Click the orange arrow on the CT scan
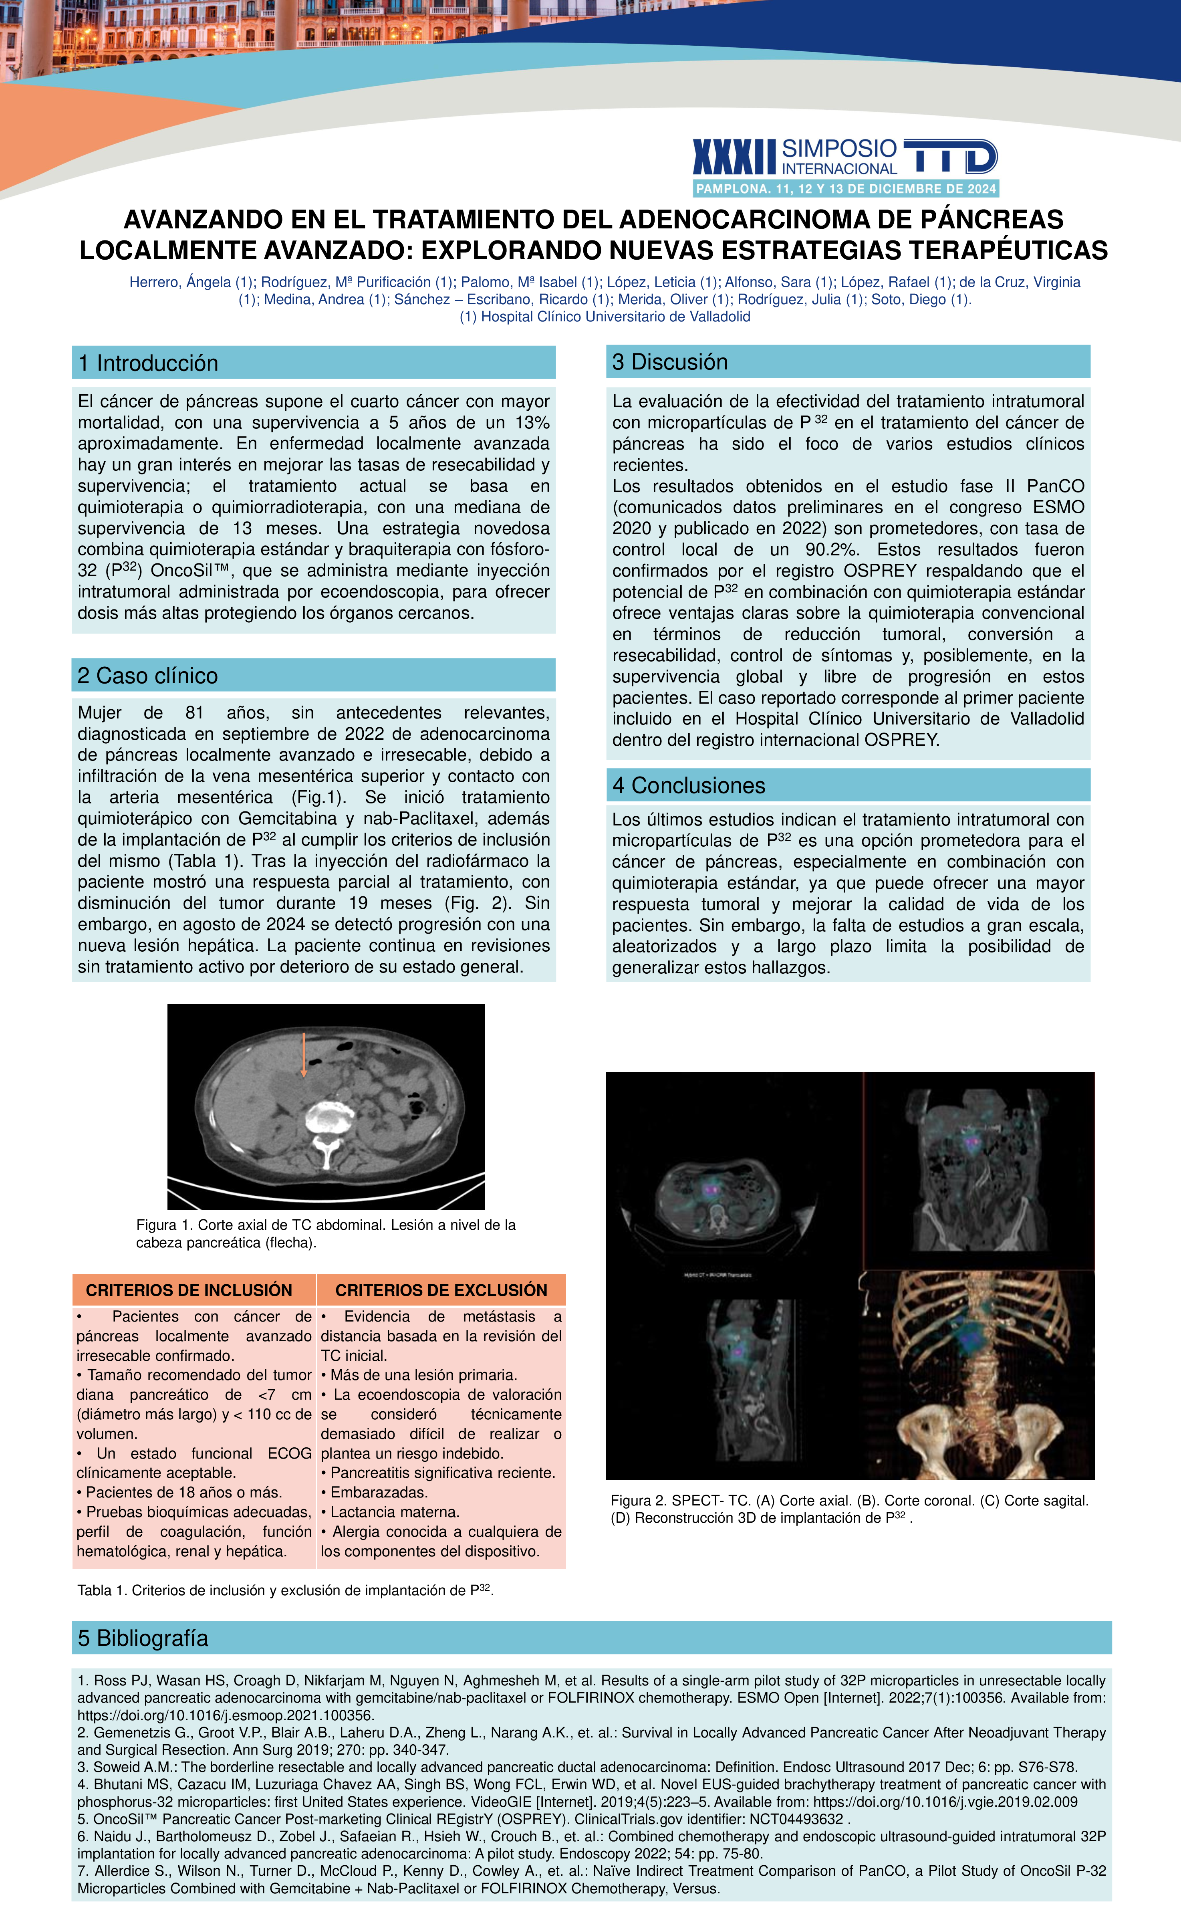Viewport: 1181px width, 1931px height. (303, 1055)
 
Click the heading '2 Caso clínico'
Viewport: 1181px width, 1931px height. (147, 676)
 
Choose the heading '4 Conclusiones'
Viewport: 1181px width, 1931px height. (688, 785)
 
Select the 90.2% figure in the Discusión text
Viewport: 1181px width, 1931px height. (832, 549)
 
